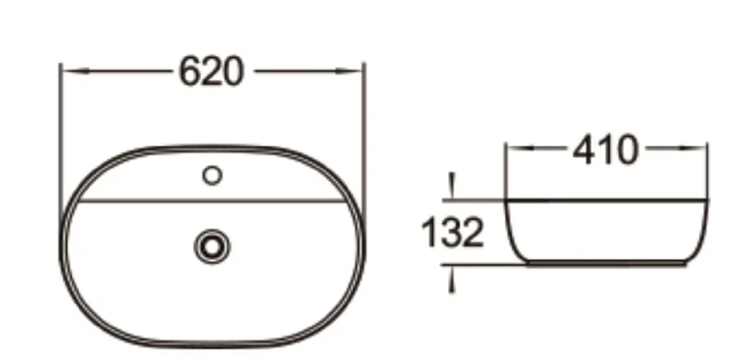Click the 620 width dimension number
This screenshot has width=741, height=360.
pos(212,72)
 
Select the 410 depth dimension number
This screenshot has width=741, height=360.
pos(606,151)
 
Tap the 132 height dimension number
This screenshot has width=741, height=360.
pos(451,233)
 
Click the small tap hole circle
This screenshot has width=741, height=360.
pos(212,175)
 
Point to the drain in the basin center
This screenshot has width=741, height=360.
pos(212,245)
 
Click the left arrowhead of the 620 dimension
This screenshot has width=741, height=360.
pos(68,72)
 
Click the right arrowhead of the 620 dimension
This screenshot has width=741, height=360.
pos(356,72)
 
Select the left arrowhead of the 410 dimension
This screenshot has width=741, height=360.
pos(512,150)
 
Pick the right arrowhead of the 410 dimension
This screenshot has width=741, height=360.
pos(701,150)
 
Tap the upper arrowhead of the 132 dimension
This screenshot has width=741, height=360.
pos(450,191)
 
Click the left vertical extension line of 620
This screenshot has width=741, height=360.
pos(60,132)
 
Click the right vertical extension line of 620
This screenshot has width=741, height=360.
pos(363,132)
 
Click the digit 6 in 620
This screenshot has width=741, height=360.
pos(190,72)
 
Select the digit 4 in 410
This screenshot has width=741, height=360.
pos(584,151)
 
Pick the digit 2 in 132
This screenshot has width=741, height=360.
pos(470,233)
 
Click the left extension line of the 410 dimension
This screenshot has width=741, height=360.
pos(505,169)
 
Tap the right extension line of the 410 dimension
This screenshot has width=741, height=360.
pos(708,169)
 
